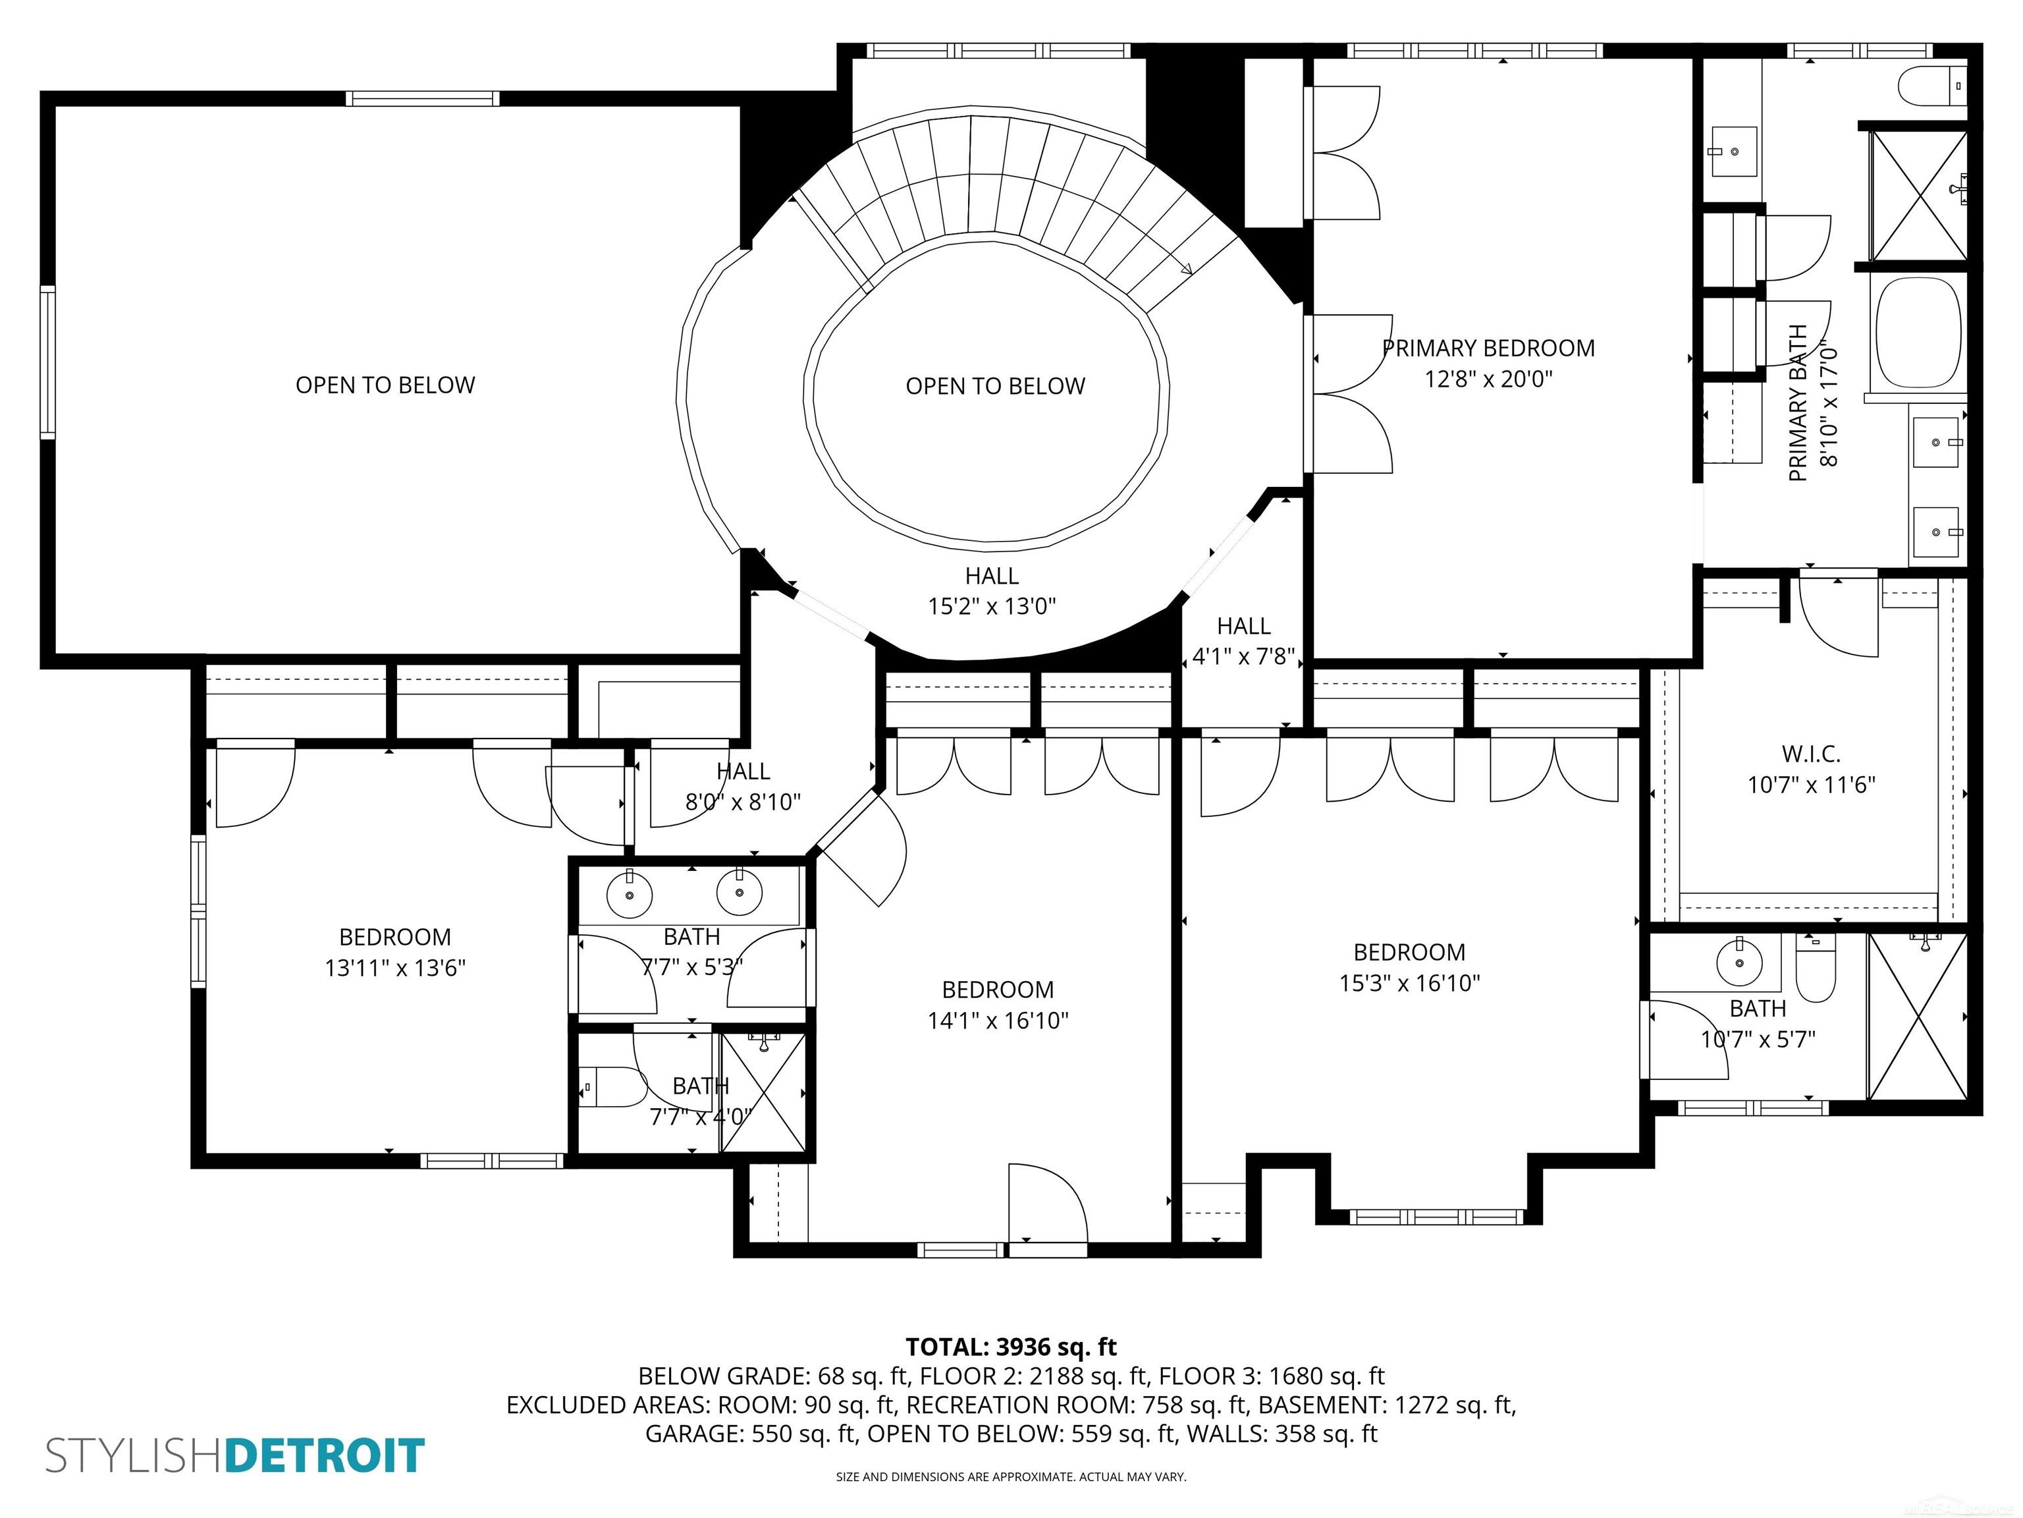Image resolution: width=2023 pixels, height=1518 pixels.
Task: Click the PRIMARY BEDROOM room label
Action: [x=1488, y=349]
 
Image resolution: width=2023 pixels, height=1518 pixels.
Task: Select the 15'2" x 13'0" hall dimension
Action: [x=992, y=605]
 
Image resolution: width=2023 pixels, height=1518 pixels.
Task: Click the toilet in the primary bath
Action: [x=1933, y=88]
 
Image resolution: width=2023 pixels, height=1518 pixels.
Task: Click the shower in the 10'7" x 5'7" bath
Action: [x=1917, y=1016]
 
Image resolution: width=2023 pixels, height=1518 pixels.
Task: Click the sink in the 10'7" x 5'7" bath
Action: [x=1739, y=962]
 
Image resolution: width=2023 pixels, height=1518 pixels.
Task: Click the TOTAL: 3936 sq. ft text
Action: [x=1011, y=1346]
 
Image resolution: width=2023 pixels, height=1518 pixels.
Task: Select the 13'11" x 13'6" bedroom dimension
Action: [x=395, y=967]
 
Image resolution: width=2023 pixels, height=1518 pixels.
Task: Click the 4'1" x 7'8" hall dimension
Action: [x=1244, y=656]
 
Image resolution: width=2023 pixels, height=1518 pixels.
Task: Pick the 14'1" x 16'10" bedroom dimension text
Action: [x=998, y=1020]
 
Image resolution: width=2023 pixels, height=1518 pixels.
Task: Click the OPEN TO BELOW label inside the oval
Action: [x=995, y=386]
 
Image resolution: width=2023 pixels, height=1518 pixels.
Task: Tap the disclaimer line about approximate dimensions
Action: [x=1011, y=1477]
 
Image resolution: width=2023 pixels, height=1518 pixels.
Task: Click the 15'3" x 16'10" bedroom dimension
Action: [x=1409, y=983]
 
